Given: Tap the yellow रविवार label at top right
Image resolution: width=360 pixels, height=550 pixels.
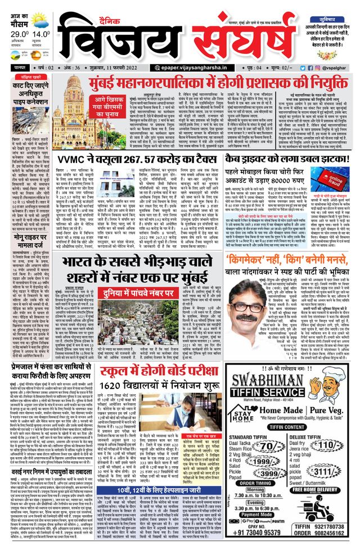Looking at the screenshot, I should pos(331,8).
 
